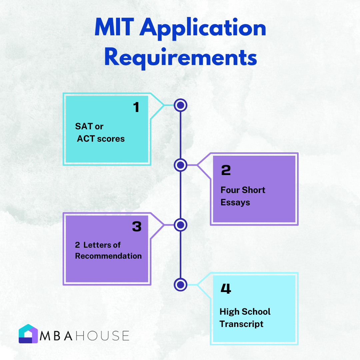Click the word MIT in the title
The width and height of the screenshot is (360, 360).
[114, 27]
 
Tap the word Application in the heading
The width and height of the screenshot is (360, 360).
[203, 28]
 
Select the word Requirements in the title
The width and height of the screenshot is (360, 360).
[181, 58]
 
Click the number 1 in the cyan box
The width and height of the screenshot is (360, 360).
[136, 107]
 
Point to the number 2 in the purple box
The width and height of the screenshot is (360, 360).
[226, 170]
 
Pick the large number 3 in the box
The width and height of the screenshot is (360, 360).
[137, 226]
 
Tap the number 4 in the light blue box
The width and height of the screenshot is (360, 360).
[226, 289]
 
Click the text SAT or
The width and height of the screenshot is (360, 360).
[89, 127]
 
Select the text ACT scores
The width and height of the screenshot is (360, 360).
[101, 139]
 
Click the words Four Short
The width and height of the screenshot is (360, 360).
[243, 190]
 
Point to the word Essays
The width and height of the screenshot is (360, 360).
[235, 203]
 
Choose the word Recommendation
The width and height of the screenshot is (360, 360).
[108, 256]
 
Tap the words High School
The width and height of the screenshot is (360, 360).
[245, 312]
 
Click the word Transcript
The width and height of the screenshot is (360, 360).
[241, 324]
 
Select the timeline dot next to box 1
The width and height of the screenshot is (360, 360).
[180, 105]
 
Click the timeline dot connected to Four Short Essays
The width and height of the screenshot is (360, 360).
[180, 165]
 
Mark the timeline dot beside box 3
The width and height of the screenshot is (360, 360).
[180, 225]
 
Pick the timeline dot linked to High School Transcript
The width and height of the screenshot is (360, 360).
[180, 285]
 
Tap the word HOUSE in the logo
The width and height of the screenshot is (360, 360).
[102, 336]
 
